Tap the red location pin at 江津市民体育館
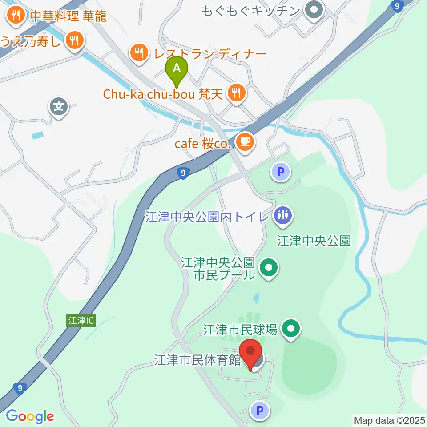pyautogui.click(x=251, y=352)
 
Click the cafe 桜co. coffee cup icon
pyautogui.click(x=244, y=142)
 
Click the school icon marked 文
pyautogui.click(x=59, y=107)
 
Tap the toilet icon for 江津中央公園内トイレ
pyautogui.click(x=282, y=216)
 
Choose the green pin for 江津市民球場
pyautogui.click(x=292, y=329)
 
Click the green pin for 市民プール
pyautogui.click(x=269, y=268)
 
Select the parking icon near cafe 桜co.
pyautogui.click(x=281, y=171)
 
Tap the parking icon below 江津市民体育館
pyautogui.click(x=260, y=410)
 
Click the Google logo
pyautogui.click(x=30, y=416)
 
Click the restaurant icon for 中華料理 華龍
pyautogui.click(x=16, y=16)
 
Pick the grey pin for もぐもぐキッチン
pyautogui.click(x=314, y=10)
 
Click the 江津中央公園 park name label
pyautogui.click(x=314, y=241)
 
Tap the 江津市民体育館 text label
pyautogui.click(x=197, y=359)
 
